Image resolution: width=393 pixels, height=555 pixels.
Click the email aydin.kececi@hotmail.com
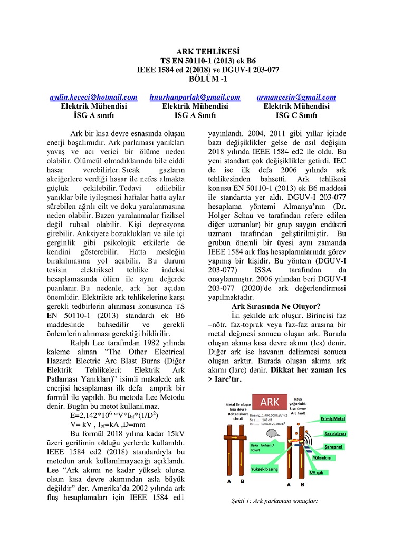[93, 97]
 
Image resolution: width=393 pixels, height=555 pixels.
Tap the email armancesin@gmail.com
[296, 97]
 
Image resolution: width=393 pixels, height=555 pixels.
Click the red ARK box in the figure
[270, 403]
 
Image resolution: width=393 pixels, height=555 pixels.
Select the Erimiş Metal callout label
[333, 419]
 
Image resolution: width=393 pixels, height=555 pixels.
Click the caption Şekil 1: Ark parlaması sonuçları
[271, 501]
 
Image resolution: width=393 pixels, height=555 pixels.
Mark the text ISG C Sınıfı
[296, 114]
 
